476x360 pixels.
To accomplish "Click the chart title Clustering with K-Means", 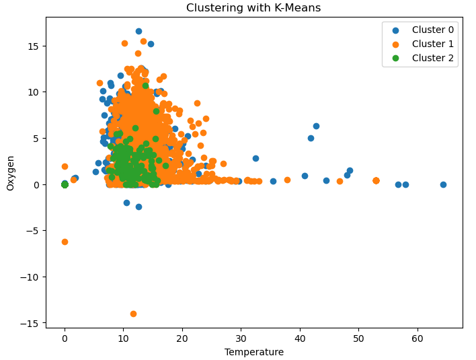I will point(253,8).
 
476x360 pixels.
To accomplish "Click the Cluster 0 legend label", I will point(432,30).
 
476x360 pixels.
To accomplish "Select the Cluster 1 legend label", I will point(432,44).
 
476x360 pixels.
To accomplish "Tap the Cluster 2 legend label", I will point(432,59).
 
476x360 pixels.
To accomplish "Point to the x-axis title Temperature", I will point(253,352).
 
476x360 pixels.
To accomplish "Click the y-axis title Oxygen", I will point(11,173).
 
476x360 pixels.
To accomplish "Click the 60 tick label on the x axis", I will point(417,338).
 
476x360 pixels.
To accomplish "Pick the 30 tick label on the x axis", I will point(241,338).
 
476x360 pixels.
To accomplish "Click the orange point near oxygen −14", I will point(133,314).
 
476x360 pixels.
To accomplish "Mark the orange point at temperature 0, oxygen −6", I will point(65,242).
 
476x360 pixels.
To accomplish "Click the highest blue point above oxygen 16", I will point(138,31).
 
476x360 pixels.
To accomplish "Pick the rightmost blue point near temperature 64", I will point(443,184).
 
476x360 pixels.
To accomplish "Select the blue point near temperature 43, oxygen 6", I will point(316,126).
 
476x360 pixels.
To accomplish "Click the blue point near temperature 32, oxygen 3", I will point(255,158).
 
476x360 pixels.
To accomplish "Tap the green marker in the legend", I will point(395,59).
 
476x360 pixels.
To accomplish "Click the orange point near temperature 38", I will point(287,180).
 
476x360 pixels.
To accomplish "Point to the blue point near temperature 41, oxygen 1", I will point(305,176).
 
